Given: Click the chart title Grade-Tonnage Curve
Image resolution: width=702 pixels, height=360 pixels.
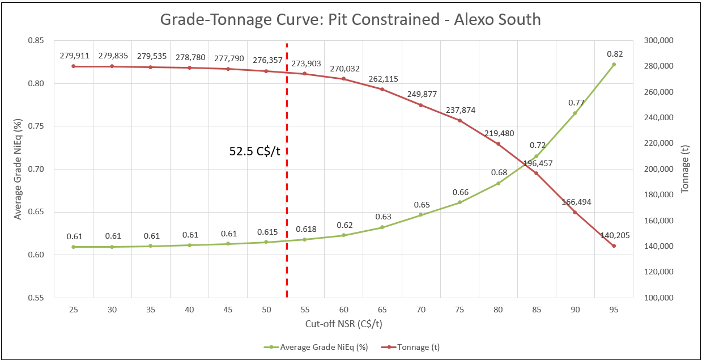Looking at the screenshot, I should (351, 19).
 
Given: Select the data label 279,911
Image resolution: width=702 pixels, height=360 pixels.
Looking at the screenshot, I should (74, 56).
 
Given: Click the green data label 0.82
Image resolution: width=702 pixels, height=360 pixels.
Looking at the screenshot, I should (614, 53).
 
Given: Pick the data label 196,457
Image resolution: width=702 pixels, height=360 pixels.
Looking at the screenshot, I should (537, 163).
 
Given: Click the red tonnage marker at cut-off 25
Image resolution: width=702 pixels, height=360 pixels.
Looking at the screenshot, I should (74, 66).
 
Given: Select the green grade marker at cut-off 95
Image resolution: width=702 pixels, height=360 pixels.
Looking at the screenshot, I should (614, 65).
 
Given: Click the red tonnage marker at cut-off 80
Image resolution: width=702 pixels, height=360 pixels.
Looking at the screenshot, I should (498, 144).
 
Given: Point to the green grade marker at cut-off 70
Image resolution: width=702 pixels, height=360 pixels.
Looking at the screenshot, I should (421, 215).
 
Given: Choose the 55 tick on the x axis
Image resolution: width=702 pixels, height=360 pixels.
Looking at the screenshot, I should (305, 310).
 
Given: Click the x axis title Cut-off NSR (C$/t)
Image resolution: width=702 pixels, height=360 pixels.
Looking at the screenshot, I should (343, 323).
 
